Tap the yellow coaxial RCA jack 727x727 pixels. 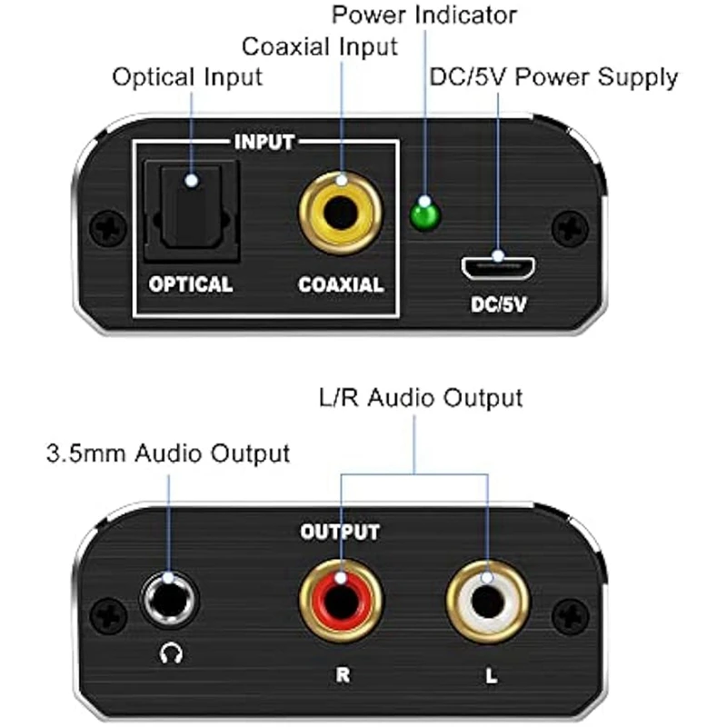pos(341,216)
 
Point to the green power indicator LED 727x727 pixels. pos(423,216)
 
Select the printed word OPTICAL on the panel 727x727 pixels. pos(191,284)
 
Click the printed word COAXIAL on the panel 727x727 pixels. pos(341,284)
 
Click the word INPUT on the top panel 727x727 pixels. pos(264,143)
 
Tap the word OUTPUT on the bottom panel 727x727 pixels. pos(340,532)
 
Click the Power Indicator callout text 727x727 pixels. pos(423,15)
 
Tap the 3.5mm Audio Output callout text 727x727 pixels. pos(167,453)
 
